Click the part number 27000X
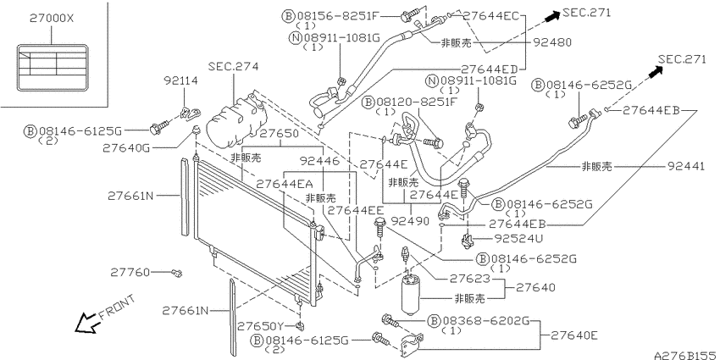52,19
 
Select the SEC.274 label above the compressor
233,67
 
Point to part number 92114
181,81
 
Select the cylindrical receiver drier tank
412,294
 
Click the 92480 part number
552,42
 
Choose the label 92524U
518,239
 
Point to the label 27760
130,272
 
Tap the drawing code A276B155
685,355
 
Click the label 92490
410,221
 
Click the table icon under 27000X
52,68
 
